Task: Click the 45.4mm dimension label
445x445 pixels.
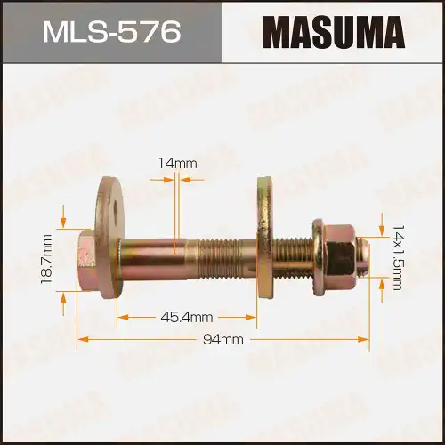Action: [x=188, y=317]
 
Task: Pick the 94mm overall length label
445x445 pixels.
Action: [x=222, y=339]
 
